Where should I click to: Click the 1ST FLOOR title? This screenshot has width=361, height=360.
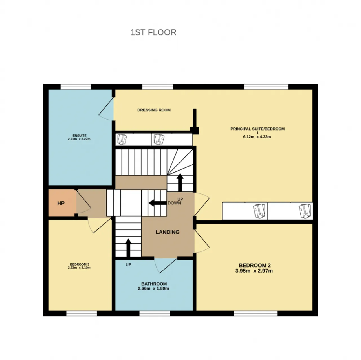(153, 32)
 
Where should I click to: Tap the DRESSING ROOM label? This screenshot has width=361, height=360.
(154, 110)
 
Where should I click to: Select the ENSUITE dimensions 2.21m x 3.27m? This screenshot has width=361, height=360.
(79, 139)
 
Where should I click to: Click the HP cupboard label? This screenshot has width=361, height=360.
(61, 203)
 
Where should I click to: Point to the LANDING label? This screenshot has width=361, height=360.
(168, 232)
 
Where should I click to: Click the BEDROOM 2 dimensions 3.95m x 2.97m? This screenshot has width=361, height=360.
(254, 271)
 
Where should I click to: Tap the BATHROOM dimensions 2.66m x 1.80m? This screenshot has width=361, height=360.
(153, 288)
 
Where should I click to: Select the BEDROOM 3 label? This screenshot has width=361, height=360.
(80, 264)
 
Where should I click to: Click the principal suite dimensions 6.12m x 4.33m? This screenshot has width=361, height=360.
(257, 137)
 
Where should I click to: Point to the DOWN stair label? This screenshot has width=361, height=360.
(174, 203)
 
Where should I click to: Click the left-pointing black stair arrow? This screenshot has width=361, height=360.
(158, 203)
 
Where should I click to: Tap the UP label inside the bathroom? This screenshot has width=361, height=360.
(128, 265)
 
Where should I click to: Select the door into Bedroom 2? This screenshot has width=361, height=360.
(202, 241)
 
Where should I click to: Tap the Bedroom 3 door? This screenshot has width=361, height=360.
(99, 226)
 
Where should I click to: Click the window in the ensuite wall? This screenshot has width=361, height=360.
(76, 87)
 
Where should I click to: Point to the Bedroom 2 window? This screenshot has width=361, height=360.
(256, 313)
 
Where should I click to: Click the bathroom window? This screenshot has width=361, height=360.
(155, 313)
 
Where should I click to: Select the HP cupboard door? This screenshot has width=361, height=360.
(83, 202)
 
